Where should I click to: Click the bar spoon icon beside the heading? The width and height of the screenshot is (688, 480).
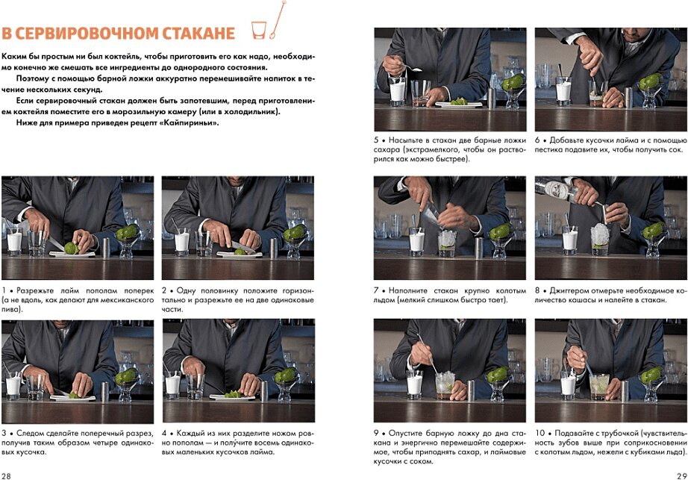click(x=278, y=19)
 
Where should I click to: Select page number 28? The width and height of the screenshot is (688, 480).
click(x=6, y=476)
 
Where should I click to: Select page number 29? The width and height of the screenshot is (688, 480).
click(x=681, y=476)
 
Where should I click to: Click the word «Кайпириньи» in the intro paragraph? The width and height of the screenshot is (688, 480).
click(x=190, y=122)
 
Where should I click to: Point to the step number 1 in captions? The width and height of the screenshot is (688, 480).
click(x=4, y=290)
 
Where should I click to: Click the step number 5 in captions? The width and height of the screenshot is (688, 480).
click(x=376, y=140)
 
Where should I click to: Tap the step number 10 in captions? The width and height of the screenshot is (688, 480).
click(x=540, y=433)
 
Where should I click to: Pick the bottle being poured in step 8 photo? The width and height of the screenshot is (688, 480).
click(x=554, y=190)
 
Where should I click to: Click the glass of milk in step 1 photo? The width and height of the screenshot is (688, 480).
click(x=14, y=242)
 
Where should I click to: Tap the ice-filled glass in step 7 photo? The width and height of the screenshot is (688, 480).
click(x=447, y=243)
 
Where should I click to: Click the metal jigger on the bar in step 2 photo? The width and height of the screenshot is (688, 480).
click(x=273, y=249)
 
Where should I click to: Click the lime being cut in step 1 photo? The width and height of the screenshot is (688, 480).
click(x=71, y=249)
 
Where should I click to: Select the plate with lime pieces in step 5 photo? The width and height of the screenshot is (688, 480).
click(x=458, y=103)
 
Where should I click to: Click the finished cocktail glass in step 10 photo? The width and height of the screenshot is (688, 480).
click(x=599, y=387)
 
